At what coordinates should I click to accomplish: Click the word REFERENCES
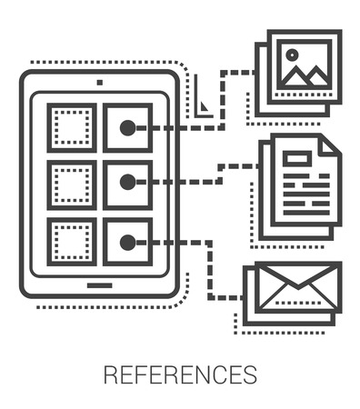[180, 374]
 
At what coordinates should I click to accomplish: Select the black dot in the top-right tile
[128, 128]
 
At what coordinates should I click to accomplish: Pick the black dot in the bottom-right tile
[128, 242]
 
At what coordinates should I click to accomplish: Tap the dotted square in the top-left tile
[71, 128]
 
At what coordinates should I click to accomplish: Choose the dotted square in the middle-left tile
[71, 185]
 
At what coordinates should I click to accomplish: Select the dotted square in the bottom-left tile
[71, 242]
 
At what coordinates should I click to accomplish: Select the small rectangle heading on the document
[295, 159]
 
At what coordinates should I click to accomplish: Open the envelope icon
[296, 287]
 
